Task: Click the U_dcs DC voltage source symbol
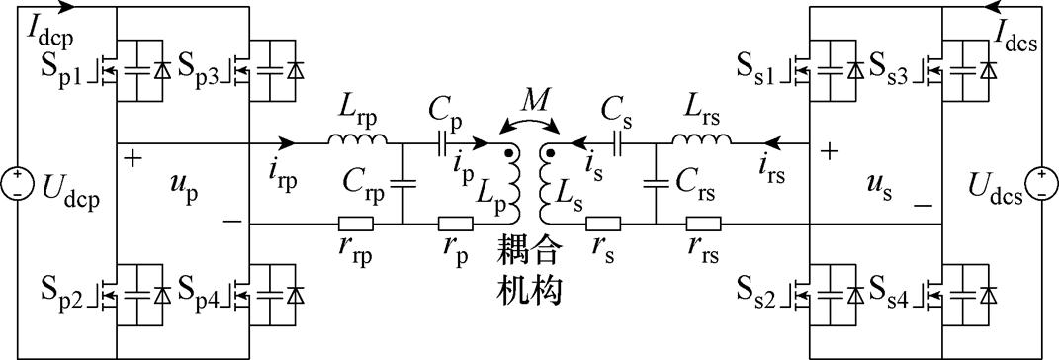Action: tap(1041, 183)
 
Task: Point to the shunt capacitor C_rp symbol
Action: tap(403, 183)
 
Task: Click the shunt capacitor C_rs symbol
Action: tap(656, 183)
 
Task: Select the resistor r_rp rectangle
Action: tap(353, 224)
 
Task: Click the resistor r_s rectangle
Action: tap(604, 224)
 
